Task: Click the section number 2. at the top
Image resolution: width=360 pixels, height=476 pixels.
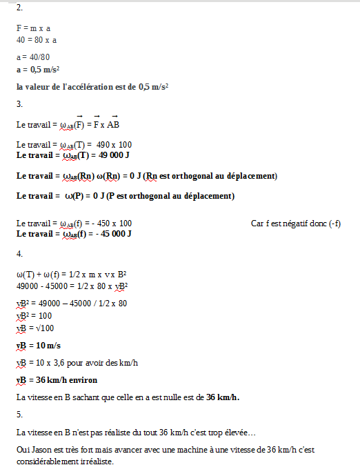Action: (x=19, y=8)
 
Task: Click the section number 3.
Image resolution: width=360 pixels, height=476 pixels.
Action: (x=19, y=104)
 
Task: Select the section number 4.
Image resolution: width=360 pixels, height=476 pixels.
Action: (x=19, y=253)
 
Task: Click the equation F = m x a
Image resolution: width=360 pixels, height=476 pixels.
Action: (x=34, y=29)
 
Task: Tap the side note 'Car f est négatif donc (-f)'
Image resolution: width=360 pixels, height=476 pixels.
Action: (x=297, y=224)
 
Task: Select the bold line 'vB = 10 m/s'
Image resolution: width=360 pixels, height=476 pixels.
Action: (x=39, y=345)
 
